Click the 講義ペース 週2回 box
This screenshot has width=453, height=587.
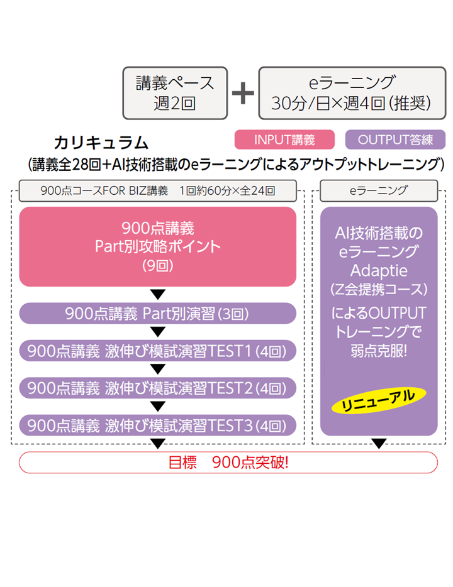click(x=175, y=92)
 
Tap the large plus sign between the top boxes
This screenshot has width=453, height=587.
click(x=243, y=93)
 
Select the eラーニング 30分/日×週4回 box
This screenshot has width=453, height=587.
click(x=352, y=92)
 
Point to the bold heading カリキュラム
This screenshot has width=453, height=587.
click(x=101, y=142)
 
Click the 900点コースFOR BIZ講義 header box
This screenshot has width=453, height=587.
click(x=157, y=190)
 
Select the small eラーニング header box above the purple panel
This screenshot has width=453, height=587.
click(x=378, y=190)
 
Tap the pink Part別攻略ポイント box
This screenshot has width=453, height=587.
click(x=157, y=246)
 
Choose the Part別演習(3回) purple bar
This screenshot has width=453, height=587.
click(x=157, y=313)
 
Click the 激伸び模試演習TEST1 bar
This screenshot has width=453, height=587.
click(x=157, y=351)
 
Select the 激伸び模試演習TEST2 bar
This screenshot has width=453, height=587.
click(x=157, y=388)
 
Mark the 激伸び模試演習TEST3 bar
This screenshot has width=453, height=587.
click(x=157, y=425)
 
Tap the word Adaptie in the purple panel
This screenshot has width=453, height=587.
click(x=378, y=271)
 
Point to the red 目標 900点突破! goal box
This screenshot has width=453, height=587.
click(x=228, y=463)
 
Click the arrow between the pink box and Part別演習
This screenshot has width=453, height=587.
click(x=158, y=294)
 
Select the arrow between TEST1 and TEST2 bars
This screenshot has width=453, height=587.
click(x=158, y=369)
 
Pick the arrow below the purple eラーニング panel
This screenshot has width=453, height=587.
click(x=378, y=444)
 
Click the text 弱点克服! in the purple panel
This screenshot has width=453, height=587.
click(x=378, y=350)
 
